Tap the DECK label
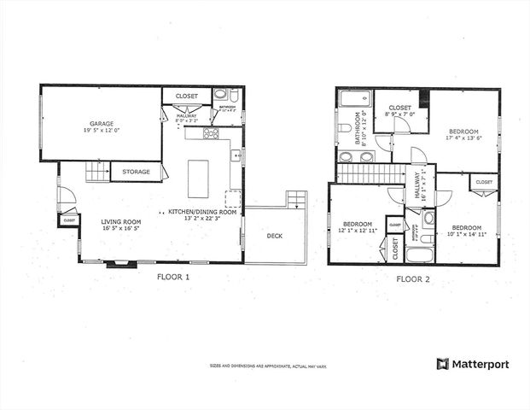point(274,236)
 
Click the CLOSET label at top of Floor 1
point(187,96)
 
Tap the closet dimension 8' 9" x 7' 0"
point(400,114)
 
